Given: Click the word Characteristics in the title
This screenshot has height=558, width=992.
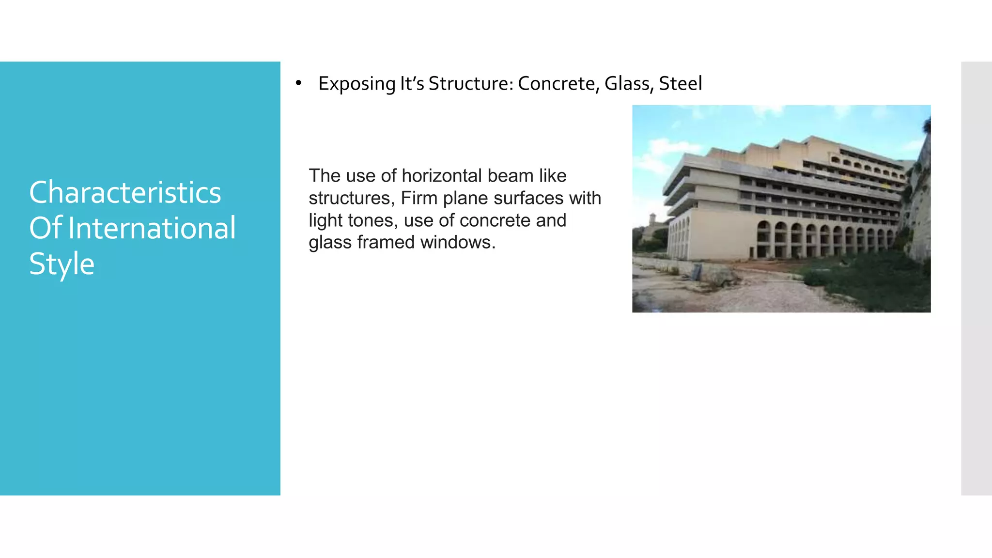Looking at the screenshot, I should tap(125, 193).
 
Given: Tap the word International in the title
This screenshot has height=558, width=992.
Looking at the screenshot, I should tap(152, 229).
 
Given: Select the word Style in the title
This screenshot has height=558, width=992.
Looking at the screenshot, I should tap(62, 264).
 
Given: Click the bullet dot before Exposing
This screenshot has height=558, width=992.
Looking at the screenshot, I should tap(298, 83).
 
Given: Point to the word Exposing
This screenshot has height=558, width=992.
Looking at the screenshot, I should tap(356, 84).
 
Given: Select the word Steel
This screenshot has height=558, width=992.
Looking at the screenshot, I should tap(680, 83).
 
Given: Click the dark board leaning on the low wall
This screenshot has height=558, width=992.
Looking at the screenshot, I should tap(697, 271).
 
